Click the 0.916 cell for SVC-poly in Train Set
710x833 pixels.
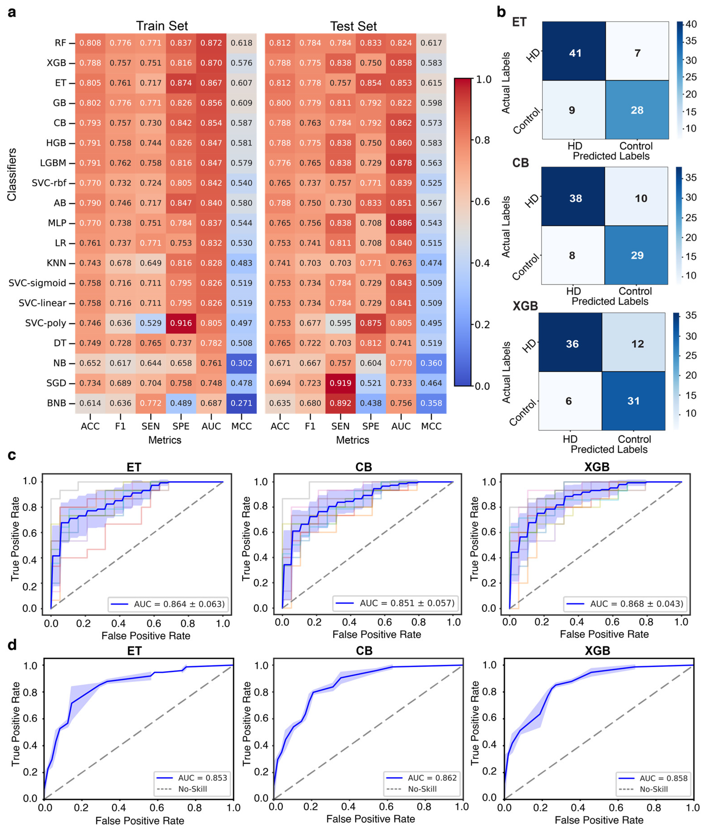click(x=181, y=323)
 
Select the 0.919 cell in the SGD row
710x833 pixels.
click(x=341, y=383)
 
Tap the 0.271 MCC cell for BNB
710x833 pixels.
click(x=242, y=403)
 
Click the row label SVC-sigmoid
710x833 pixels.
click(x=37, y=283)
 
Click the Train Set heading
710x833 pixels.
click(x=162, y=26)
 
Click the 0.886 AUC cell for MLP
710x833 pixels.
click(x=401, y=223)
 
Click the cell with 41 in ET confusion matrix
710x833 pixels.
click(x=575, y=53)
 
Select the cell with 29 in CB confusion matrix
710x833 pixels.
click(x=637, y=255)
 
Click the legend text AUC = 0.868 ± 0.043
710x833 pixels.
click(x=636, y=604)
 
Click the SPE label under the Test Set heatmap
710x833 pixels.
click(x=370, y=426)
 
